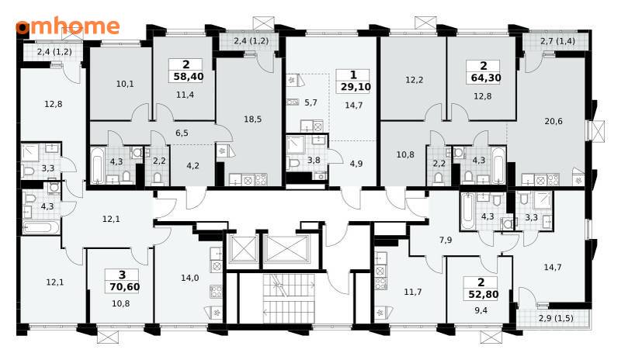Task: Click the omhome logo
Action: pos(68,26)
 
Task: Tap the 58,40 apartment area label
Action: pos(189,77)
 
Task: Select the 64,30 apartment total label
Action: pos(486,78)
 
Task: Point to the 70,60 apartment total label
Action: pos(125,287)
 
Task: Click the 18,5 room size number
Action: pos(253,119)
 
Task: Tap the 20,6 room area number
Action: pos(553,121)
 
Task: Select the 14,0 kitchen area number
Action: pos(189,278)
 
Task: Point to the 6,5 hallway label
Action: pos(182,133)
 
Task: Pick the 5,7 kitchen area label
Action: pos(311,102)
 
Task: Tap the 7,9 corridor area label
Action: pos(446,240)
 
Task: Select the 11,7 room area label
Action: pos(413,292)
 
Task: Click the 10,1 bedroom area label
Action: pos(125,84)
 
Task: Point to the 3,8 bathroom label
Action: pos(314,160)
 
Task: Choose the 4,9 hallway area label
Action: pos(356,164)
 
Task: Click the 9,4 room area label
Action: pos(480,310)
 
